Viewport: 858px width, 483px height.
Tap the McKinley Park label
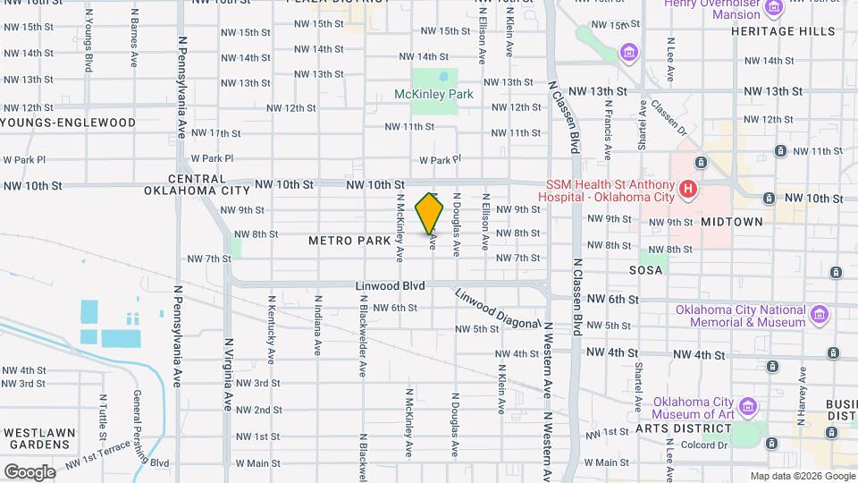pyautogui.click(x=433, y=94)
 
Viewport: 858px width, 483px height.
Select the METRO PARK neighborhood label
pyautogui.click(x=349, y=241)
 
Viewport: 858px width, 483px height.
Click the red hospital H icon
pyautogui.click(x=687, y=190)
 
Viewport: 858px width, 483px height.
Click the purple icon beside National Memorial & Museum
pyautogui.click(x=819, y=314)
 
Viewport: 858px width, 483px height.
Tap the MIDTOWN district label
pyautogui.click(x=732, y=221)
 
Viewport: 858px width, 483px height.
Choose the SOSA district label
pyautogui.click(x=645, y=269)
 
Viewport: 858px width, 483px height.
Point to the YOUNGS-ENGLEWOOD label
pyautogui.click(x=69, y=123)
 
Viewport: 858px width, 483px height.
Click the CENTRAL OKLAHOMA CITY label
pyautogui.click(x=198, y=184)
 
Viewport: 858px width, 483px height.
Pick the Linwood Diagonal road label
pyautogui.click(x=497, y=309)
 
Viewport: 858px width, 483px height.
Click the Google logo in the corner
pyautogui.click(x=29, y=470)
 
